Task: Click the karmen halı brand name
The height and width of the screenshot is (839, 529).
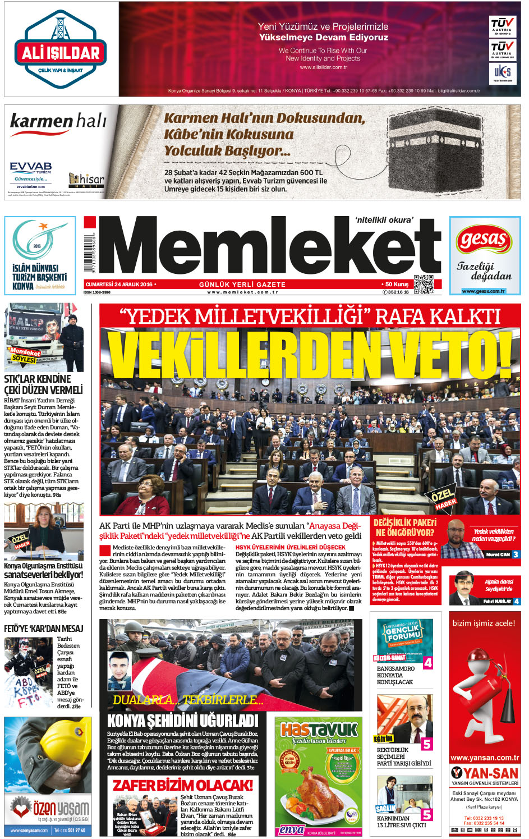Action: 58,121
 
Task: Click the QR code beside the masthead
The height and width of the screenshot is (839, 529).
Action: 424,284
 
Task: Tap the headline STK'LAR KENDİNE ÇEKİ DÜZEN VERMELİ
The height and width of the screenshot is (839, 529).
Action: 43,384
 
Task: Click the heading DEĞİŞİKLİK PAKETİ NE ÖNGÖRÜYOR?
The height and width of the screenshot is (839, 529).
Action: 405,528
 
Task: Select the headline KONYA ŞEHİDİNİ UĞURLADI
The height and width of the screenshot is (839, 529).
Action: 182,721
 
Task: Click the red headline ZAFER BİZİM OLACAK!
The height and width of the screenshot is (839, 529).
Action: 183,785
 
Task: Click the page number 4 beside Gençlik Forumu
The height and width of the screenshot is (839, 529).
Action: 427,663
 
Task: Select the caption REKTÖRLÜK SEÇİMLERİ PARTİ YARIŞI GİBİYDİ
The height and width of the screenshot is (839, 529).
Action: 404,757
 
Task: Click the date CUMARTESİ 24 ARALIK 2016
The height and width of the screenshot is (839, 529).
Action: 119,285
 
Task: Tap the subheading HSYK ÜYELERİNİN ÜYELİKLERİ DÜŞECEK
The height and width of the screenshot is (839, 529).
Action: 291,547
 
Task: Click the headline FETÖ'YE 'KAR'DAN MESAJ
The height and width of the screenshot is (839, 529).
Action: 43,629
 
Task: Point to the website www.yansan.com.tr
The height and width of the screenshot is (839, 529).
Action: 485,758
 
